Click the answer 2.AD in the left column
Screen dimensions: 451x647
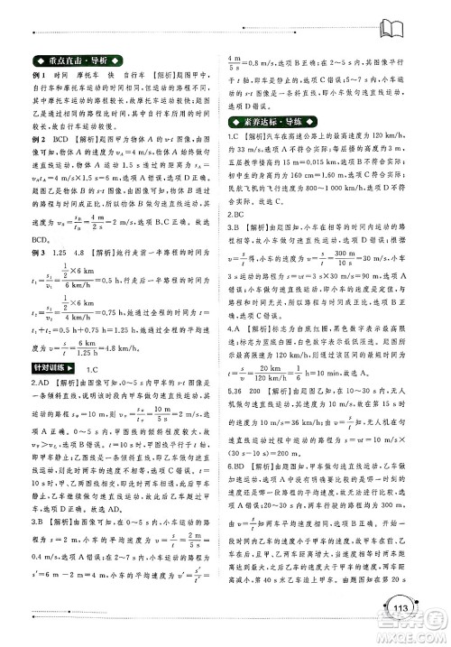point(40,383)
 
